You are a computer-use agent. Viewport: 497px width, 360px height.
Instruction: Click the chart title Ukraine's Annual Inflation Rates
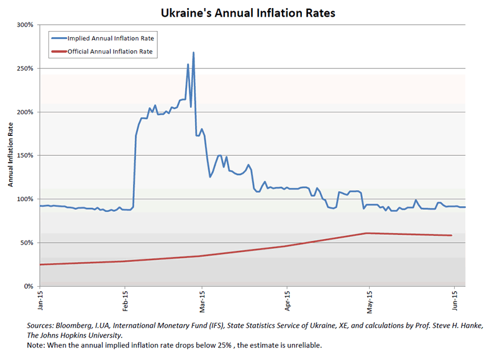point(248,12)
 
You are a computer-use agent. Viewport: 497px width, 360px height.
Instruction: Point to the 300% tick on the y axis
point(25,25)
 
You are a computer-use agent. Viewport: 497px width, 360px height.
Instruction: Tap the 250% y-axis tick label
point(25,68)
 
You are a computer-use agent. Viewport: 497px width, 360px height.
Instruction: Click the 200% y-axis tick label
point(25,112)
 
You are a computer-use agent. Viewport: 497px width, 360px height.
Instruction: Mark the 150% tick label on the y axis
point(25,156)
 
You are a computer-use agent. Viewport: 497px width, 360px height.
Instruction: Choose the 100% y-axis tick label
point(25,199)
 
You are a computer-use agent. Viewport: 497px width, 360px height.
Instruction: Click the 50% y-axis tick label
point(27,243)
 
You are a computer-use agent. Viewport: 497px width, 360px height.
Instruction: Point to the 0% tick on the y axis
point(29,286)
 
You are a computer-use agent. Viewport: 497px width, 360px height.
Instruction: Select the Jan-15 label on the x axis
point(41,300)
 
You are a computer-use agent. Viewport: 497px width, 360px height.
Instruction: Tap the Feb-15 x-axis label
point(125,300)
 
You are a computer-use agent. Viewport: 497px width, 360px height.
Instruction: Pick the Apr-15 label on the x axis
point(287,300)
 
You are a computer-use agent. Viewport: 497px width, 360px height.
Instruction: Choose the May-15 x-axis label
point(369,300)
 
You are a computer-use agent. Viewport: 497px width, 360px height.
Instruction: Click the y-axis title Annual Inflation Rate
point(11,156)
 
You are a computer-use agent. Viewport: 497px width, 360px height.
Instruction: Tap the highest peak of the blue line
point(193,53)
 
